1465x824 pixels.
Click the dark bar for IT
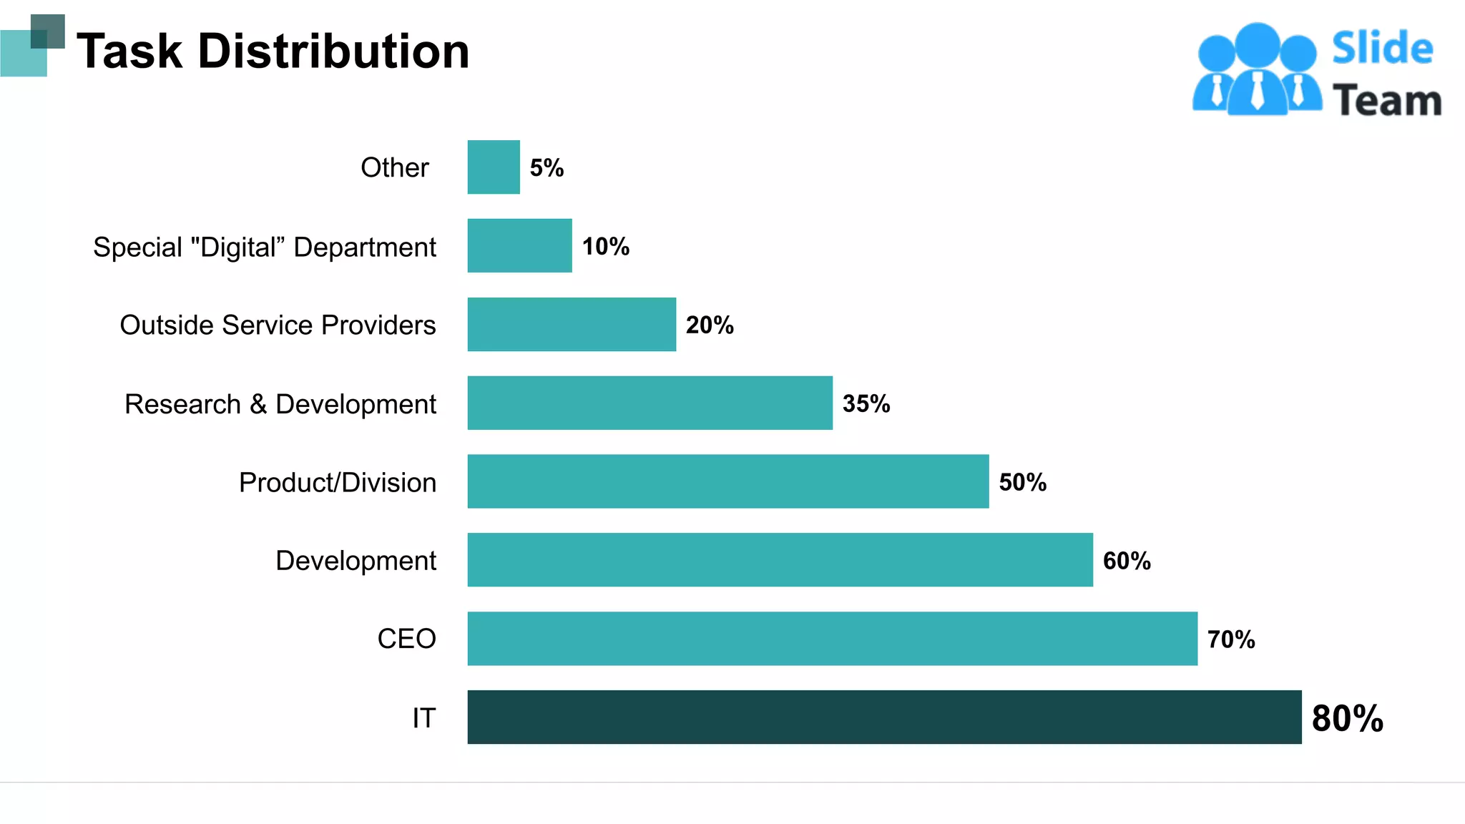click(x=884, y=717)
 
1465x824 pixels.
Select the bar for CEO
click(x=832, y=638)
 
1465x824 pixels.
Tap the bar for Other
click(x=494, y=167)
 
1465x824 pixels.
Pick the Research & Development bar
click(x=650, y=403)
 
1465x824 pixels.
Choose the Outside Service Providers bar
click(x=572, y=324)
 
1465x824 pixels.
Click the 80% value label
click(x=1347, y=718)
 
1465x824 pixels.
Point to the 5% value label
click(x=547, y=168)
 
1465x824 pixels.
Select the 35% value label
click(x=866, y=403)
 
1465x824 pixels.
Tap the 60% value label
click(x=1127, y=561)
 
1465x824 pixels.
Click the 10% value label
click(x=605, y=247)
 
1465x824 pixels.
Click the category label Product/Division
click(x=337, y=483)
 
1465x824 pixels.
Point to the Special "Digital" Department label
click(x=264, y=247)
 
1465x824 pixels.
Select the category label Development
click(x=356, y=561)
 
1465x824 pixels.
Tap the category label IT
click(x=423, y=718)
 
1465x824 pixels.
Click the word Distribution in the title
click(x=333, y=51)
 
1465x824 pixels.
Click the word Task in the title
click(x=129, y=51)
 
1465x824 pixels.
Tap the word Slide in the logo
click(x=1382, y=49)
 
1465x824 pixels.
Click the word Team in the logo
click(x=1386, y=100)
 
